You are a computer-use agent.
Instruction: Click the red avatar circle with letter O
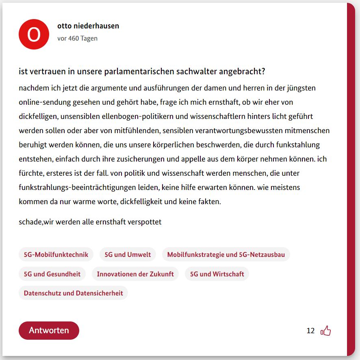point(34,34)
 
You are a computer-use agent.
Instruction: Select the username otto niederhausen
point(88,26)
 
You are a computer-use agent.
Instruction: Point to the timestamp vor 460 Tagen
point(77,39)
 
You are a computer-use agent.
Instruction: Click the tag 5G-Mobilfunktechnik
point(56,254)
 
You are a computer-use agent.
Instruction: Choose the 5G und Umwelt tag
point(128,254)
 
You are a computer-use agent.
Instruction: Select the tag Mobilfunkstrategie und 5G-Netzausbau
point(226,254)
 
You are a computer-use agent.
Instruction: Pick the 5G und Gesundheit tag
point(52,274)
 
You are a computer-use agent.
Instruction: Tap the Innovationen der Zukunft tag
point(135,274)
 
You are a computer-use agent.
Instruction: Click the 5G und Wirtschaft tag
point(217,274)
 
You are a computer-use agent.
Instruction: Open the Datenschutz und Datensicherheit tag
point(73,293)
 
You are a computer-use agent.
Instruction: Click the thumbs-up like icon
point(326,331)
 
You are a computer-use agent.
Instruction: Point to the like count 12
point(310,331)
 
